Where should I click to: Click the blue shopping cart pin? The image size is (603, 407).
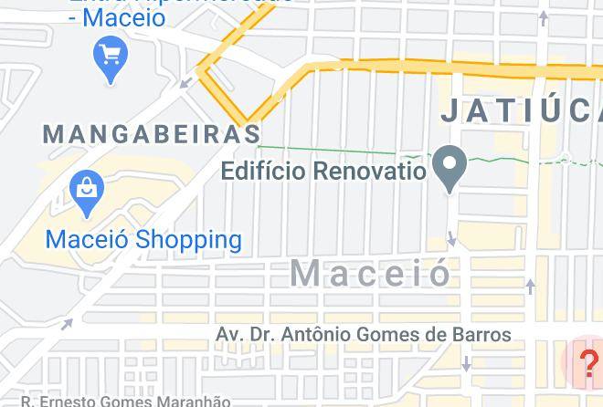point(111,57)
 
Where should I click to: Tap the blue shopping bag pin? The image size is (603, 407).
point(87,191)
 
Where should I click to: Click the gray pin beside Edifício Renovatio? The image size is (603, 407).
point(450,166)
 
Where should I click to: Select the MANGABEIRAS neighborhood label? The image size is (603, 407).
point(153,134)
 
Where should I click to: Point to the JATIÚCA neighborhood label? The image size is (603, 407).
point(521,111)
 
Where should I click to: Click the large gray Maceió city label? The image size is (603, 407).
point(371,272)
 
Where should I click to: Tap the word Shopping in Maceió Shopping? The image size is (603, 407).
point(188,240)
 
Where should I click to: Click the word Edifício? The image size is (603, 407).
point(263,171)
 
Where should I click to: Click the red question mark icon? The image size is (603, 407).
point(589,362)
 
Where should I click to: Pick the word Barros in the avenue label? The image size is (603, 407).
point(481,335)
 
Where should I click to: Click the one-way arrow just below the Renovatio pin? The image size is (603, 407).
point(452,239)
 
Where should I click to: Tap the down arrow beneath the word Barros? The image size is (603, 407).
point(466,364)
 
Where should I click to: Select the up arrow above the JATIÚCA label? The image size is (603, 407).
point(545,16)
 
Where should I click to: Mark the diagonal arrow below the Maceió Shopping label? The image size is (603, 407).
point(67,323)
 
